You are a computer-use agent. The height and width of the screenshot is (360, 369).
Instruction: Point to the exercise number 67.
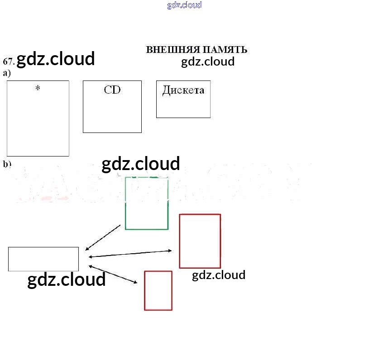pyautogui.click(x=9, y=61)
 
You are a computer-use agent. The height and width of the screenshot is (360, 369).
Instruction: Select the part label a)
pyautogui.click(x=7, y=73)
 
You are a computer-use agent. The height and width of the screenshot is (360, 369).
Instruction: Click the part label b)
pyautogui.click(x=7, y=164)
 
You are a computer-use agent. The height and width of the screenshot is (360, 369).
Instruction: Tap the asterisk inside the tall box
pyautogui.click(x=38, y=88)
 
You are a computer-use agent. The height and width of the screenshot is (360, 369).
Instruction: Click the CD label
pyautogui.click(x=112, y=90)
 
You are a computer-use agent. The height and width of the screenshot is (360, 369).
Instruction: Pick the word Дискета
pyautogui.click(x=183, y=90)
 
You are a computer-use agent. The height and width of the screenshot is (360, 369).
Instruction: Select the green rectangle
pyautogui.click(x=147, y=204)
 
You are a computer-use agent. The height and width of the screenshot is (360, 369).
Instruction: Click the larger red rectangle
pyautogui.click(x=200, y=241)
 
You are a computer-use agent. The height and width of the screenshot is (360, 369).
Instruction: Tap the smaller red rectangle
pyautogui.click(x=158, y=290)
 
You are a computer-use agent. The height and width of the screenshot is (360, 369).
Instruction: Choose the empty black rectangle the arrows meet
pyautogui.click(x=43, y=259)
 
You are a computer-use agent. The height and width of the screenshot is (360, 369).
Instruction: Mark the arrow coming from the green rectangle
pyautogui.click(x=103, y=237)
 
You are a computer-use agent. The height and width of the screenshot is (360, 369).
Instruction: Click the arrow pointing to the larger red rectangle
pyautogui.click(x=130, y=254)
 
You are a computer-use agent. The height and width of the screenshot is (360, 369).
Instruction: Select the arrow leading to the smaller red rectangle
pyautogui.click(x=113, y=274)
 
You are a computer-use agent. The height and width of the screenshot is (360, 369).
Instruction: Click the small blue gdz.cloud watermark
pyautogui.click(x=184, y=5)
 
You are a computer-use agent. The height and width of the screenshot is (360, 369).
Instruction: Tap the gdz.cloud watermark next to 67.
pyautogui.click(x=56, y=59)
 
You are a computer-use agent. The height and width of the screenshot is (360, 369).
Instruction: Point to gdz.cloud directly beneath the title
pyautogui.click(x=208, y=62)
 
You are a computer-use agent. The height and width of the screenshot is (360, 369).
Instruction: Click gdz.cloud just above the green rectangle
pyautogui.click(x=141, y=164)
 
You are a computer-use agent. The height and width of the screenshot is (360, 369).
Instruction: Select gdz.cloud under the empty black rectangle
pyautogui.click(x=67, y=279)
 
